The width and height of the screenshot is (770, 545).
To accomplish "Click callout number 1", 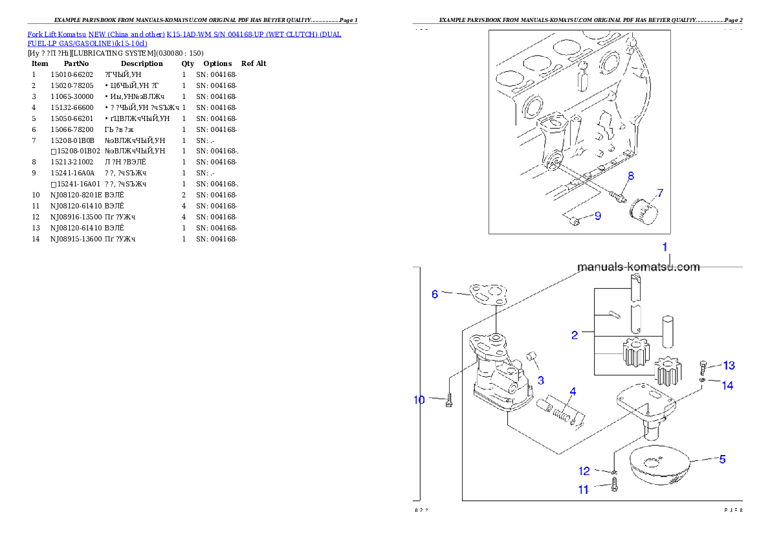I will tap(664, 247).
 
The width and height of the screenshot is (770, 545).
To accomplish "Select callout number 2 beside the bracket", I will tap(574, 335).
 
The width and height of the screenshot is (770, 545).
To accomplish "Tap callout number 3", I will tap(540, 380).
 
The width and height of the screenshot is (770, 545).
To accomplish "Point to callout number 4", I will tap(572, 392).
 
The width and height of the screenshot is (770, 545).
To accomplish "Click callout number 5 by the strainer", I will tap(722, 459).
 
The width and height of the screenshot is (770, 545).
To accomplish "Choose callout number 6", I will tap(435, 294).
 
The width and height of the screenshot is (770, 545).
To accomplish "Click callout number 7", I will tap(659, 193).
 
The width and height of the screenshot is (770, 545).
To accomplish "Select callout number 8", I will tap(630, 175).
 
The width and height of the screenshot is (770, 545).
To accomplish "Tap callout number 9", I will tap(597, 216).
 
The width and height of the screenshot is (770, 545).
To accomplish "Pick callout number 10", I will tap(419, 400).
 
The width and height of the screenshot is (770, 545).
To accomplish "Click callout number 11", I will tap(583, 490).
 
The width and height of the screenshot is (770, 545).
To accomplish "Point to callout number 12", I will tap(584, 471).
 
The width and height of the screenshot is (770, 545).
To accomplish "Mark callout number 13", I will tap(729, 365).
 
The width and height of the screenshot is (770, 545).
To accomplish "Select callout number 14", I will tap(727, 385).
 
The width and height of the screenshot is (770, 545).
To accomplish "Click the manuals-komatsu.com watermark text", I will tap(638, 267).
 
